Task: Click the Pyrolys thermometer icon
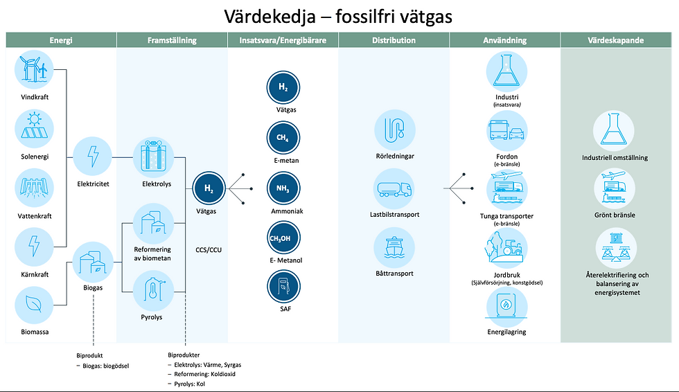point(152,292)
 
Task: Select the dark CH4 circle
point(283,138)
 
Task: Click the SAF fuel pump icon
point(283,286)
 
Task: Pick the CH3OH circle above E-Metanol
point(283,238)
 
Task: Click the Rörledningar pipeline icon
point(394,130)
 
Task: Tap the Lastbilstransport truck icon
point(394,188)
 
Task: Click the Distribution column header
point(394,40)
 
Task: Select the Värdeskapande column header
point(619,40)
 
